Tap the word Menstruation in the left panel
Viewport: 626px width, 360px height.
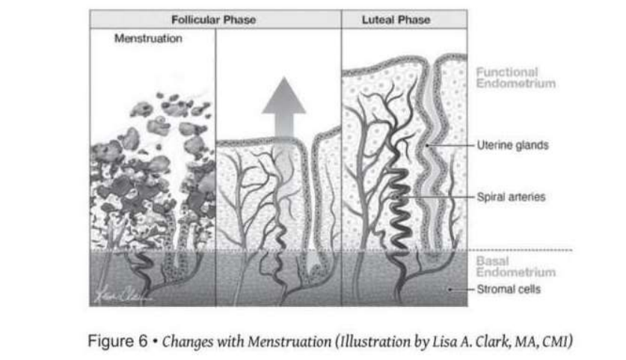(x=148, y=39)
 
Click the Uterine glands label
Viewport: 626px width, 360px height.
(x=512, y=145)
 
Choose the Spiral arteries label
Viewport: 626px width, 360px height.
(x=511, y=198)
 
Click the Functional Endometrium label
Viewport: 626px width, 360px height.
(x=515, y=78)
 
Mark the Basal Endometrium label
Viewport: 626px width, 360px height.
(x=515, y=267)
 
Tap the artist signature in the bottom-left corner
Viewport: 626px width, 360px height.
(x=120, y=293)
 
